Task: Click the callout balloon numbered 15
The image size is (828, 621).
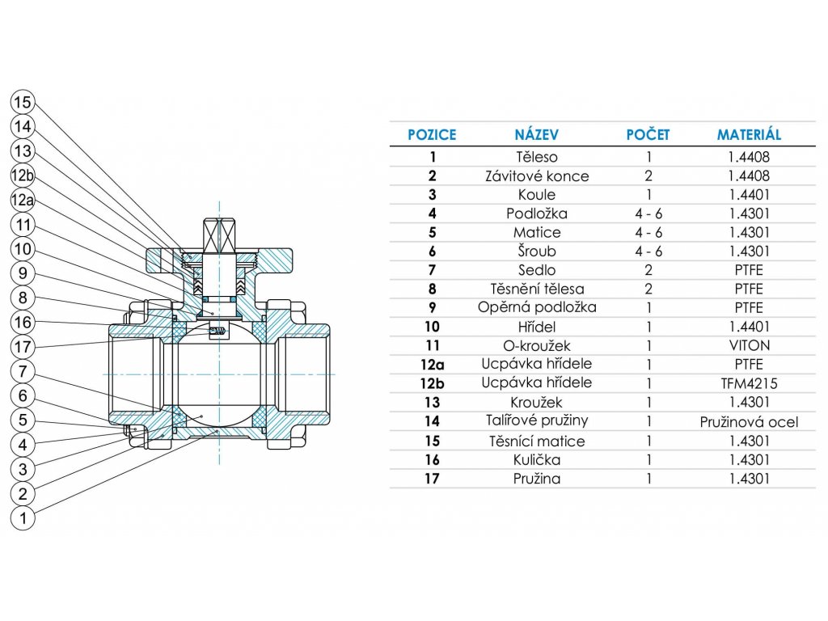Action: click(x=23, y=103)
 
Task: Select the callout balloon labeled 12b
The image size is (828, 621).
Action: click(x=23, y=175)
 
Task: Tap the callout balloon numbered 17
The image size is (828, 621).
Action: click(x=23, y=348)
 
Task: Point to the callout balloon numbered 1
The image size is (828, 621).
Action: click(x=23, y=518)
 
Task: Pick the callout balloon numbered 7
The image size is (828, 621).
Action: click(x=23, y=372)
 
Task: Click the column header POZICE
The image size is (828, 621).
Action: click(x=432, y=135)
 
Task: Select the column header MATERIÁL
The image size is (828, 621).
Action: click(x=749, y=135)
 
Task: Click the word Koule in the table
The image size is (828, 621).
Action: click(x=536, y=195)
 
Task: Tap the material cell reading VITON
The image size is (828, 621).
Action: click(x=749, y=345)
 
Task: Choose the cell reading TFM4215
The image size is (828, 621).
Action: click(x=749, y=383)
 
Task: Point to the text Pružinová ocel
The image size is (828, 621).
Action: click(x=749, y=422)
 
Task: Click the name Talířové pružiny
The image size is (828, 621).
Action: click(x=536, y=421)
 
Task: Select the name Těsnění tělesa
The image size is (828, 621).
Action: click(x=536, y=289)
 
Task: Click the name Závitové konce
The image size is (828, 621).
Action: click(x=536, y=175)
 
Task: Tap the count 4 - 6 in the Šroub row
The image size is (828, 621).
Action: click(x=648, y=251)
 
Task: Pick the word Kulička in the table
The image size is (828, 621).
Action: click(x=536, y=460)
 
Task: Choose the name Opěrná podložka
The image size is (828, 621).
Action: click(x=536, y=308)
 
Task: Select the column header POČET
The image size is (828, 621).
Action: click(x=648, y=135)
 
